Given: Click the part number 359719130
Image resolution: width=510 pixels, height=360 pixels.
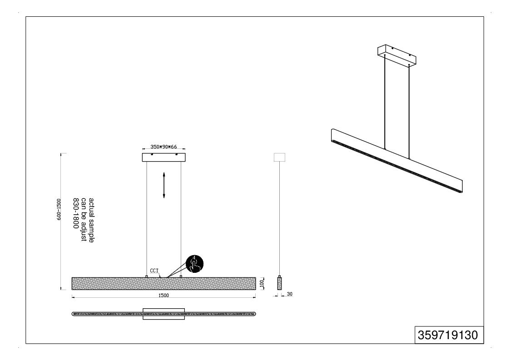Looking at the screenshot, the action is coord(448,335).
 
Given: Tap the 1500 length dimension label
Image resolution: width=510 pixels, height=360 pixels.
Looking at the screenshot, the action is coord(163,295).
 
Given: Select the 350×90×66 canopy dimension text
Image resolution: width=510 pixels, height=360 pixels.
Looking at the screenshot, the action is coord(163,147).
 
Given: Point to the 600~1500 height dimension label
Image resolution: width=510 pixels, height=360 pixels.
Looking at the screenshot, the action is coord(59,209).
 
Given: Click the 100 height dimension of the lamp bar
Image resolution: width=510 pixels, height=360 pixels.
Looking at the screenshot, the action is coord(261,284).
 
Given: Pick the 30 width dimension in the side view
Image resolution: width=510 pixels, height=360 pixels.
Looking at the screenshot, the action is coord(290,294).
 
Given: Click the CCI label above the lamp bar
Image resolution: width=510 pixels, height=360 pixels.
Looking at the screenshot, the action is coord(154,271).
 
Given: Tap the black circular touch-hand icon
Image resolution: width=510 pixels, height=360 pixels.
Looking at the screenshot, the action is coord(194,264).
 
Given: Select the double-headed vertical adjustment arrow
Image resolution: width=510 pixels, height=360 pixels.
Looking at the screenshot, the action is coord(163,185).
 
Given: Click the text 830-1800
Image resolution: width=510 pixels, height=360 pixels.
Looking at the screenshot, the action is coord(76,213).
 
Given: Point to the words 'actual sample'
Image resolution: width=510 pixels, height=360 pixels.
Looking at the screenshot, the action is coord(91,220).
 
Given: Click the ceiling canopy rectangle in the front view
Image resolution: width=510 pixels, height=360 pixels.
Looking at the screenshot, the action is coord(163,158).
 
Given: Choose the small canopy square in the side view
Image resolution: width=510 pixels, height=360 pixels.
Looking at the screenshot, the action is coord(280,157).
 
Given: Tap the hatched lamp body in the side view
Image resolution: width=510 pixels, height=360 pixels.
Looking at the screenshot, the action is coord(279,284).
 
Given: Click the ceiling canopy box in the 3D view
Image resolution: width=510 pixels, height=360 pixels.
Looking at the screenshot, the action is coord(397,55).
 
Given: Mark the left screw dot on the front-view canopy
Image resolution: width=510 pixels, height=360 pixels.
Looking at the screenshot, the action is coord(151,154).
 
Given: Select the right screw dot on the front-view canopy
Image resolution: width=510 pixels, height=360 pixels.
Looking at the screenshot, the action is coord(177,154).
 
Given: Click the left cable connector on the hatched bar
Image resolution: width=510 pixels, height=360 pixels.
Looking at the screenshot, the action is coord(147,276).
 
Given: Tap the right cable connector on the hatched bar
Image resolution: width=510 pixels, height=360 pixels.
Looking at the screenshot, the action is coord(181,276).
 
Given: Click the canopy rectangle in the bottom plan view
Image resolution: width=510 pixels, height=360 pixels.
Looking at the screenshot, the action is coord(163,314).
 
